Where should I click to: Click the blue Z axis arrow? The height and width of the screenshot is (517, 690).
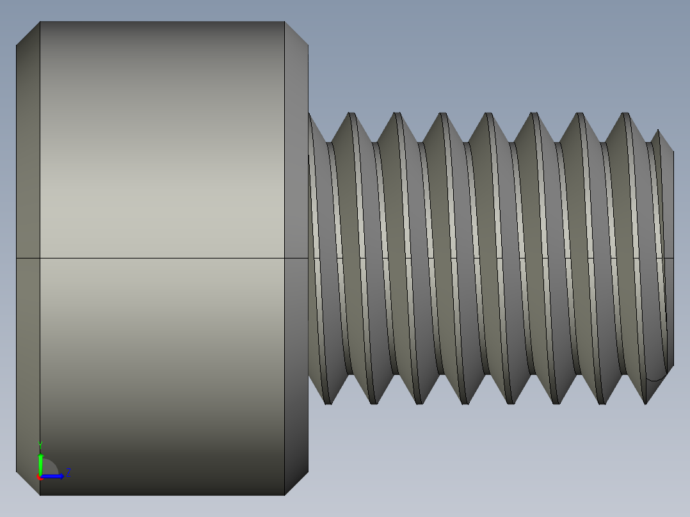coord(54,476)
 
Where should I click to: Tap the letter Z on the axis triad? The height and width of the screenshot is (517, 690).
coord(68,473)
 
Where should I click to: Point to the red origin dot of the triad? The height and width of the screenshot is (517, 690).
coord(39,477)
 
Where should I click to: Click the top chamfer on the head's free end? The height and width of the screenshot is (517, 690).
coord(28,33)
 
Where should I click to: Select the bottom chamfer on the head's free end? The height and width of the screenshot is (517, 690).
coord(28,484)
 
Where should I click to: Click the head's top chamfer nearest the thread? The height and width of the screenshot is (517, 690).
coord(296,33)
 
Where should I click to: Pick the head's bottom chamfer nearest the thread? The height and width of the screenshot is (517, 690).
coord(296,484)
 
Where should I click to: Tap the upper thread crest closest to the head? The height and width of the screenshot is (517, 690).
coord(351,116)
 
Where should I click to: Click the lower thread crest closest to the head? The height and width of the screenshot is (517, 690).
coord(328,401)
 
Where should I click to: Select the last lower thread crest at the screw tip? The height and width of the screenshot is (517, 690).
coord(645,401)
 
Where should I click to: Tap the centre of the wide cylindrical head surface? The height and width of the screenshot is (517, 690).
coord(162,192)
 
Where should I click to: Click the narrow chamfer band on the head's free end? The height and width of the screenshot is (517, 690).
coord(28,192)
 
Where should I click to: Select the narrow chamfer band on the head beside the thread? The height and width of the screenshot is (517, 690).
coord(296,192)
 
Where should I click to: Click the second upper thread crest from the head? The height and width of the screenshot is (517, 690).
coord(397,116)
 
